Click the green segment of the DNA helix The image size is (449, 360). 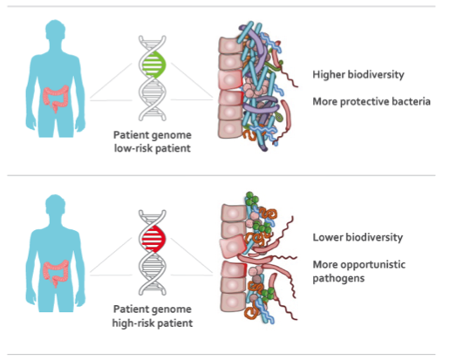click(x=153, y=65)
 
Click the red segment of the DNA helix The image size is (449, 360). click(x=153, y=239)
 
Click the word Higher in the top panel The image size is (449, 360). click(x=329, y=75)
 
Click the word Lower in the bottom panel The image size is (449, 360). click(x=327, y=237)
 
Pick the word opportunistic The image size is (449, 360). click(x=373, y=265)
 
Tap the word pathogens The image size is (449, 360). click(x=338, y=279)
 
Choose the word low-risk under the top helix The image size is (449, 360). click(x=133, y=148)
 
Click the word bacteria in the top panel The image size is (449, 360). click(x=412, y=102)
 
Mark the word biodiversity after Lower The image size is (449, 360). click(x=373, y=238)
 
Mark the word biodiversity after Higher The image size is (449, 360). click(x=376, y=75)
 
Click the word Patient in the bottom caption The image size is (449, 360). click(x=130, y=309)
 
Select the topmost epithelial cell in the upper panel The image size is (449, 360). click(x=230, y=45)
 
